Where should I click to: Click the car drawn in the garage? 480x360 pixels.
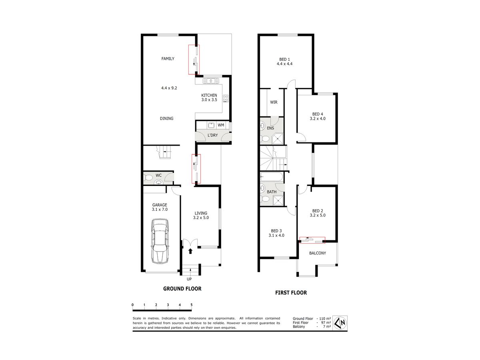(160, 241)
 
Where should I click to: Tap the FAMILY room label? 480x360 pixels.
(168, 58)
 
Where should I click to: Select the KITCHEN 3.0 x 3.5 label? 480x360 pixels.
(209, 98)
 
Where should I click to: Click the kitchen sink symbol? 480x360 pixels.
(211, 81)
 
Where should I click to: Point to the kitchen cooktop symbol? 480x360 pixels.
(226, 98)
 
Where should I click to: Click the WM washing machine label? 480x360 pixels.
(221, 125)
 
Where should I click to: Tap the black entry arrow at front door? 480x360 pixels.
(190, 251)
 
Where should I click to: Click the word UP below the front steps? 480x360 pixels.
(189, 279)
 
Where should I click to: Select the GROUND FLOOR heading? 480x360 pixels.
(182, 289)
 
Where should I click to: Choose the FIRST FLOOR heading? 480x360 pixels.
(291, 293)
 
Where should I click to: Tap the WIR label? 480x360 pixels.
(274, 102)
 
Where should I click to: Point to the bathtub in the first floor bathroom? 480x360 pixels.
(271, 177)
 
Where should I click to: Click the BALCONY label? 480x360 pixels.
(318, 253)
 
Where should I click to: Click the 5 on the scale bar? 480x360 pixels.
(192, 305)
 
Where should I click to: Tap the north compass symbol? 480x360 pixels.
(340, 323)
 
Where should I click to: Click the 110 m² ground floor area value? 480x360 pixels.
(325, 318)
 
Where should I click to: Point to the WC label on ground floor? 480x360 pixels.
(158, 175)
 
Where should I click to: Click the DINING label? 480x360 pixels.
(166, 118)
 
